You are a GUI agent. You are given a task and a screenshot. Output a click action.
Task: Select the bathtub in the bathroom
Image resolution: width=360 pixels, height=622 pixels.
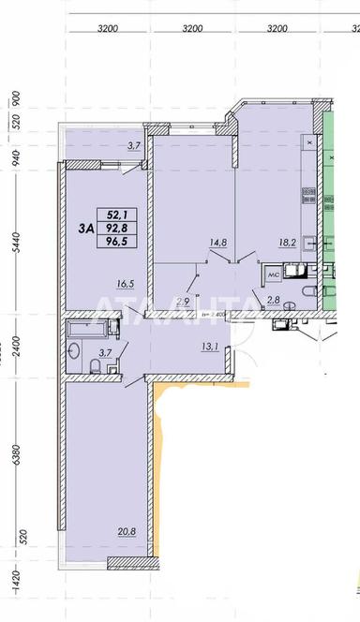pyautogui.click(x=86, y=329)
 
